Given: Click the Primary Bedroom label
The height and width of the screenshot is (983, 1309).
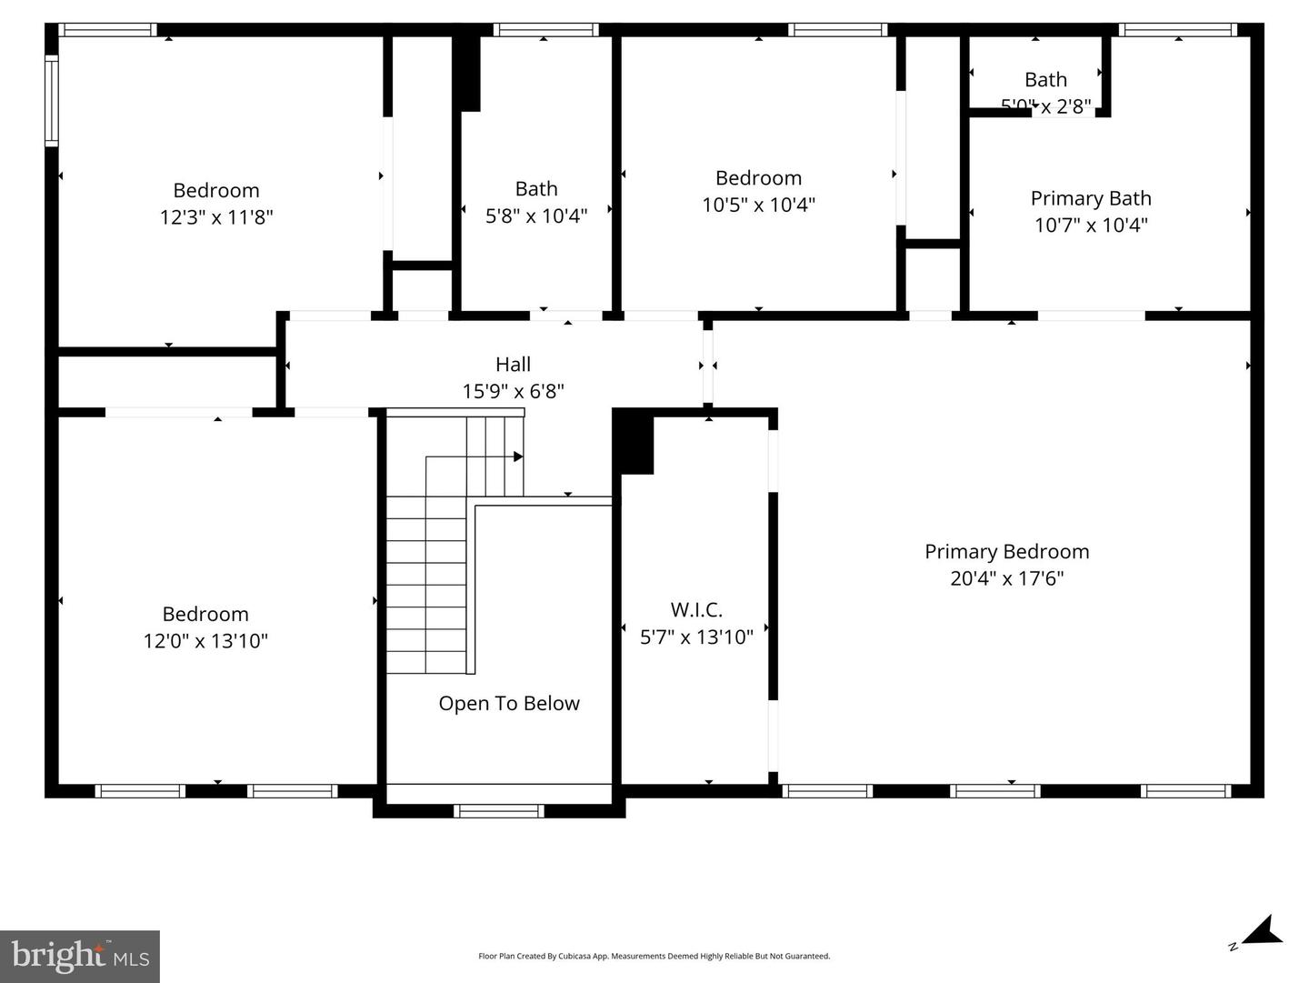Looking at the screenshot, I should click(1006, 551).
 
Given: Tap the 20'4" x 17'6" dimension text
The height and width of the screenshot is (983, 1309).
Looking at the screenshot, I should click(1006, 578).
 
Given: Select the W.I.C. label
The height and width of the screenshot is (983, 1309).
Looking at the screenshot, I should click(696, 609).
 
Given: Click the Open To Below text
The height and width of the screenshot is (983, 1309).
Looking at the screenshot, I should click(508, 703).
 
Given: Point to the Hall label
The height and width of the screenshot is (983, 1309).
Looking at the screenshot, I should click(513, 365).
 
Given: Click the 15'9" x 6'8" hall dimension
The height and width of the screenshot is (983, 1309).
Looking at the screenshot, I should click(513, 391).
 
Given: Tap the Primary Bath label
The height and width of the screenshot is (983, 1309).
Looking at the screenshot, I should click(1090, 198).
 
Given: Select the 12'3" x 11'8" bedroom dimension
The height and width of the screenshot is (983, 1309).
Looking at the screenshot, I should click(216, 217).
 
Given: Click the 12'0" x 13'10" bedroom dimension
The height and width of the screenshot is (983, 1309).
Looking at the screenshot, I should click(205, 641).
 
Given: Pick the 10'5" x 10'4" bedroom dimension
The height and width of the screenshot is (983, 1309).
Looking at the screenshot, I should click(758, 205).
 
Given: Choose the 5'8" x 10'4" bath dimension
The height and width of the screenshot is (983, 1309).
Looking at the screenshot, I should click(536, 216).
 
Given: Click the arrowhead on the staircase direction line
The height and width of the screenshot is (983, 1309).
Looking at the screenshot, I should click(518, 456).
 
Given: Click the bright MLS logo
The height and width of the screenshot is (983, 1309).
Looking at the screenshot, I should click(80, 956).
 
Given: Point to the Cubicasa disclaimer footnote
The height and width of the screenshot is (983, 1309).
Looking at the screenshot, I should click(654, 956).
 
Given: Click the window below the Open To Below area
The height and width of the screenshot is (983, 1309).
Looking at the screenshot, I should click(498, 810).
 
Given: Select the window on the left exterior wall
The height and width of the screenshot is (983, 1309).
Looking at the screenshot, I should click(52, 100).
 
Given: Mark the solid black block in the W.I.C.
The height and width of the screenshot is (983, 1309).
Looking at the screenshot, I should click(635, 443).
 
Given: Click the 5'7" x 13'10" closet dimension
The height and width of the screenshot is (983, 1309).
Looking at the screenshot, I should click(696, 637).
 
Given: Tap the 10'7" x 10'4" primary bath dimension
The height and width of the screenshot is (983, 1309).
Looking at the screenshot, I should click(1090, 225).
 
